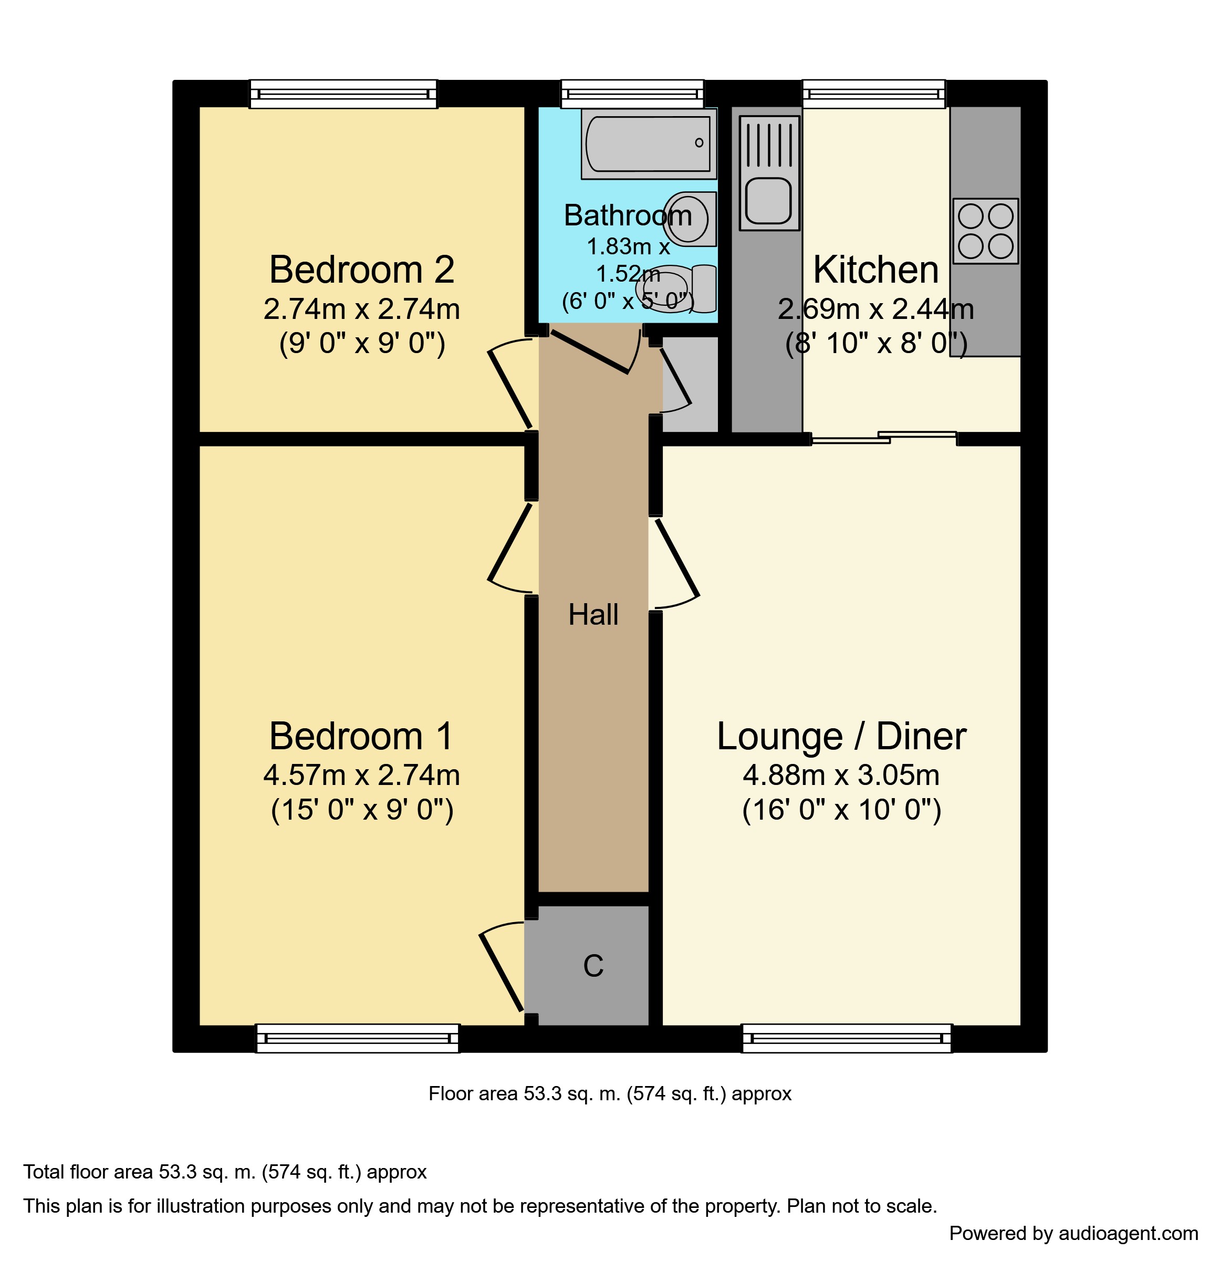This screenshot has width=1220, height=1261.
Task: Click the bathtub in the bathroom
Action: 648,143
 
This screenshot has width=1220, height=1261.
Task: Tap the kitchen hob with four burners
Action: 985,231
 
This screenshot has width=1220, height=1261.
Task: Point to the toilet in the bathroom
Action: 676,289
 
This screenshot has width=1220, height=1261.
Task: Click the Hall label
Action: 593,615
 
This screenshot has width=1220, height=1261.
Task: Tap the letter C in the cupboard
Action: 593,966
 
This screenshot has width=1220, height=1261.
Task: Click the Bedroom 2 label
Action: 361,270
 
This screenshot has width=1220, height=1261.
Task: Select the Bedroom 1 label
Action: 361,736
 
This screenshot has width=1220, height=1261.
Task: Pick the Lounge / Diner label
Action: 841,736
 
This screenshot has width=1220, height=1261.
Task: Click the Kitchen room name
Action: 876,270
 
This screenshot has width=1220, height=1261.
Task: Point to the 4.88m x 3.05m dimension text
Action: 841,776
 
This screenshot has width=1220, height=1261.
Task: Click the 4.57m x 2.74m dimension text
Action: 361,776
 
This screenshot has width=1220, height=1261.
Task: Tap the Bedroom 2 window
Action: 343,94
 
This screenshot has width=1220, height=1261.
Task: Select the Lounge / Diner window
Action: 847,1038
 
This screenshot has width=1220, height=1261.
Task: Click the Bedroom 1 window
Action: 358,1038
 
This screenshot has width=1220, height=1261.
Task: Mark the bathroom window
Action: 632,94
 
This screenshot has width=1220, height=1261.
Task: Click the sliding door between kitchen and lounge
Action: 884,438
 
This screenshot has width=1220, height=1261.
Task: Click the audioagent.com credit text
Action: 1073,1233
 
